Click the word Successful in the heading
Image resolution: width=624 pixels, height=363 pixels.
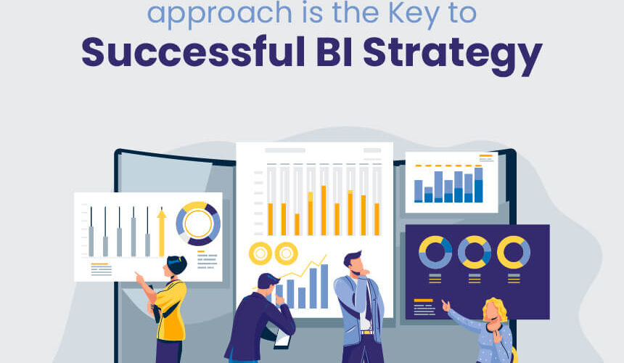click(x=194, y=52)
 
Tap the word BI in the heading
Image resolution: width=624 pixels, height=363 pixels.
click(x=334, y=52)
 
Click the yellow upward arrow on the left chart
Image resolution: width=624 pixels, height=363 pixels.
click(x=162, y=232)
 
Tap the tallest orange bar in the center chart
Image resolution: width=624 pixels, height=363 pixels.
click(x=324, y=210)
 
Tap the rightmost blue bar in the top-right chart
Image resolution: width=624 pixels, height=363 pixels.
click(x=479, y=184)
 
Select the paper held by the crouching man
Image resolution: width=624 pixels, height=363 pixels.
click(x=282, y=340)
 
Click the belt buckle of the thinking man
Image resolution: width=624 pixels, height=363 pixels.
click(x=366, y=333)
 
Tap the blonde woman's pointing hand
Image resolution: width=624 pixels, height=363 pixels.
click(x=446, y=306)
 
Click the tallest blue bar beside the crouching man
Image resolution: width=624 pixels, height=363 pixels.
click(x=324, y=286)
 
